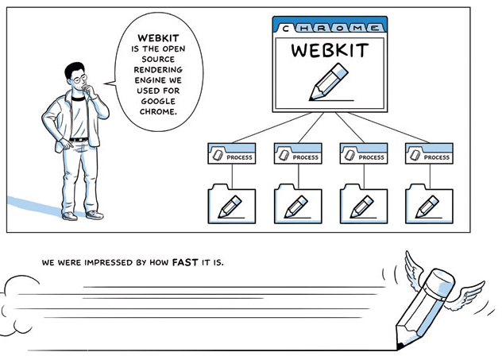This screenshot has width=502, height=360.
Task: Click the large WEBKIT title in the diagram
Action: coord(329,51)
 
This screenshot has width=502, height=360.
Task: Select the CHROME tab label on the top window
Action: coord(329,27)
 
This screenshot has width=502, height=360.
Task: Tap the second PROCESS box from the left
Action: coord(298,155)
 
